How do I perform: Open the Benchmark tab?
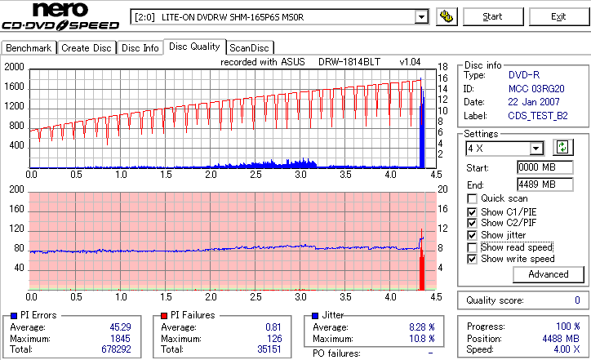[29, 48]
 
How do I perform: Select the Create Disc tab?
[87, 48]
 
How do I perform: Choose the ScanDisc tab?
[249, 48]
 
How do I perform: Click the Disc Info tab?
[140, 48]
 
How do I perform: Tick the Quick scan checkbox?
[473, 198]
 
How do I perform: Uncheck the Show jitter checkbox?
[473, 235]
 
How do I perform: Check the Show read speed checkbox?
[473, 247]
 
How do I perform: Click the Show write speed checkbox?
[473, 259]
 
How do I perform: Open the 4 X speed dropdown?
[535, 149]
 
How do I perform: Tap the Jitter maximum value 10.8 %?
[421, 339]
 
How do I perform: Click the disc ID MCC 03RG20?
[535, 88]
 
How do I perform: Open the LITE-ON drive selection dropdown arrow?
[421, 16]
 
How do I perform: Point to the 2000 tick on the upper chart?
[15, 67]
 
